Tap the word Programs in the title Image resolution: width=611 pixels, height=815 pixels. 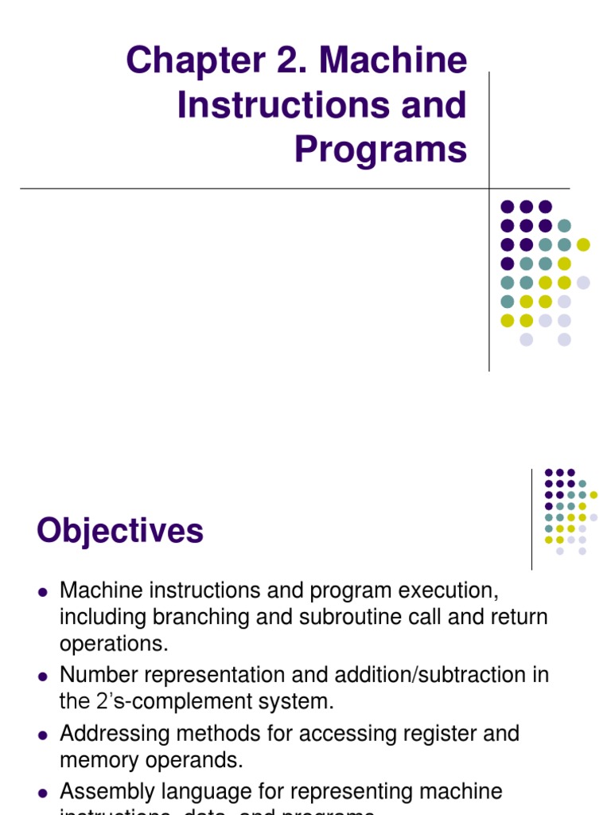(380, 149)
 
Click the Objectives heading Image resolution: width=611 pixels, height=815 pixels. (120, 531)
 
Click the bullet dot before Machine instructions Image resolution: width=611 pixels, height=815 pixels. (44, 591)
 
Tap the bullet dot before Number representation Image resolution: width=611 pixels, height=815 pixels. (44, 676)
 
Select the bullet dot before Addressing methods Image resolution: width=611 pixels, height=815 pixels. (44, 734)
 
